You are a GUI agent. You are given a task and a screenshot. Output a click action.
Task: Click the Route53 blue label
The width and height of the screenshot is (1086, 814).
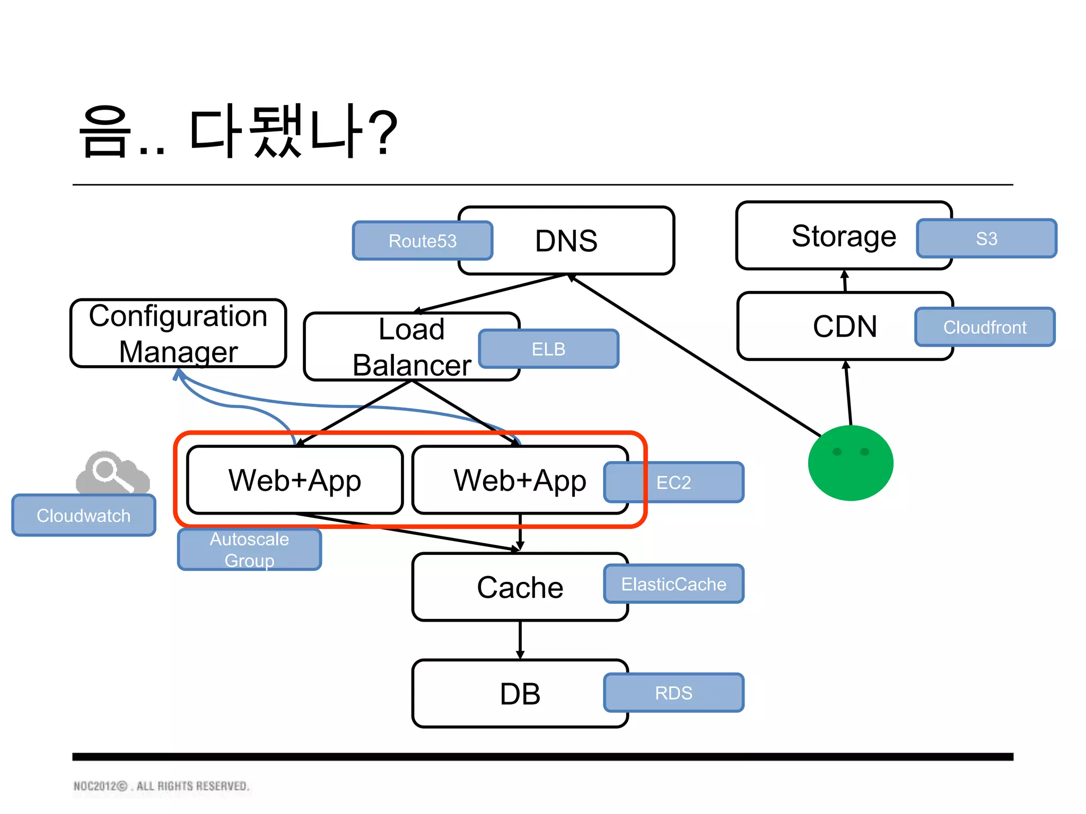[422, 241]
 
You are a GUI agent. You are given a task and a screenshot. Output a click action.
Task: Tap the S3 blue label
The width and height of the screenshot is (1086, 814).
[986, 238]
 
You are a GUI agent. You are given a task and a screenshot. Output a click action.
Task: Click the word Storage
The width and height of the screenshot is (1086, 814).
[843, 236]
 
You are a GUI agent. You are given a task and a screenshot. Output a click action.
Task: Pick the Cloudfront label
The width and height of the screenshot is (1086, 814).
[985, 327]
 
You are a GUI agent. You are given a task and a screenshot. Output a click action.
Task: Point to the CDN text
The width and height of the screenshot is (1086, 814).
[844, 326]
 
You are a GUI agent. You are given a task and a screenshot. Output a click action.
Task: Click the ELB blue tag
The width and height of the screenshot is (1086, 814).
[548, 349]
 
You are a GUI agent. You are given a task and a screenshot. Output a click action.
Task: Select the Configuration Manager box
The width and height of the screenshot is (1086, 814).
[178, 333]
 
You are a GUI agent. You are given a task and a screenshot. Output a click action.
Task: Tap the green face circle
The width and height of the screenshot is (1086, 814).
[851, 463]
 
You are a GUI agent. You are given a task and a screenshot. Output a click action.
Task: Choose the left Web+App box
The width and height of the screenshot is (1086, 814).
[295, 480]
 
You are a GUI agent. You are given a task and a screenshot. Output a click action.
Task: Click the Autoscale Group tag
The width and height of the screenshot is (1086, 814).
[249, 550]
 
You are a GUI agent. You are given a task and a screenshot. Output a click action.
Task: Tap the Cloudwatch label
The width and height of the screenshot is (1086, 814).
[84, 515]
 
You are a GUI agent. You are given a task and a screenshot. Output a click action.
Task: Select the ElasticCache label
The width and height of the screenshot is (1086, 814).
[673, 584]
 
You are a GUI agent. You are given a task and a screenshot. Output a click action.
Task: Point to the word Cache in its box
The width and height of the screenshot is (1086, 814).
[520, 587]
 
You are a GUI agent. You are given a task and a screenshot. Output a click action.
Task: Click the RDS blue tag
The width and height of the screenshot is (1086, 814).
[673, 693]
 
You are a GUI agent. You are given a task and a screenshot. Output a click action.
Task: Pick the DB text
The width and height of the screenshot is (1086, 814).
[520, 694]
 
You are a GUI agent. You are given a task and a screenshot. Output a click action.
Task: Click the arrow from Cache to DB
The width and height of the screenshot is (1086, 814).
[520, 640]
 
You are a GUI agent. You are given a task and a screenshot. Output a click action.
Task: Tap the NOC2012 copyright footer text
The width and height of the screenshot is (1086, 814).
[161, 786]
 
